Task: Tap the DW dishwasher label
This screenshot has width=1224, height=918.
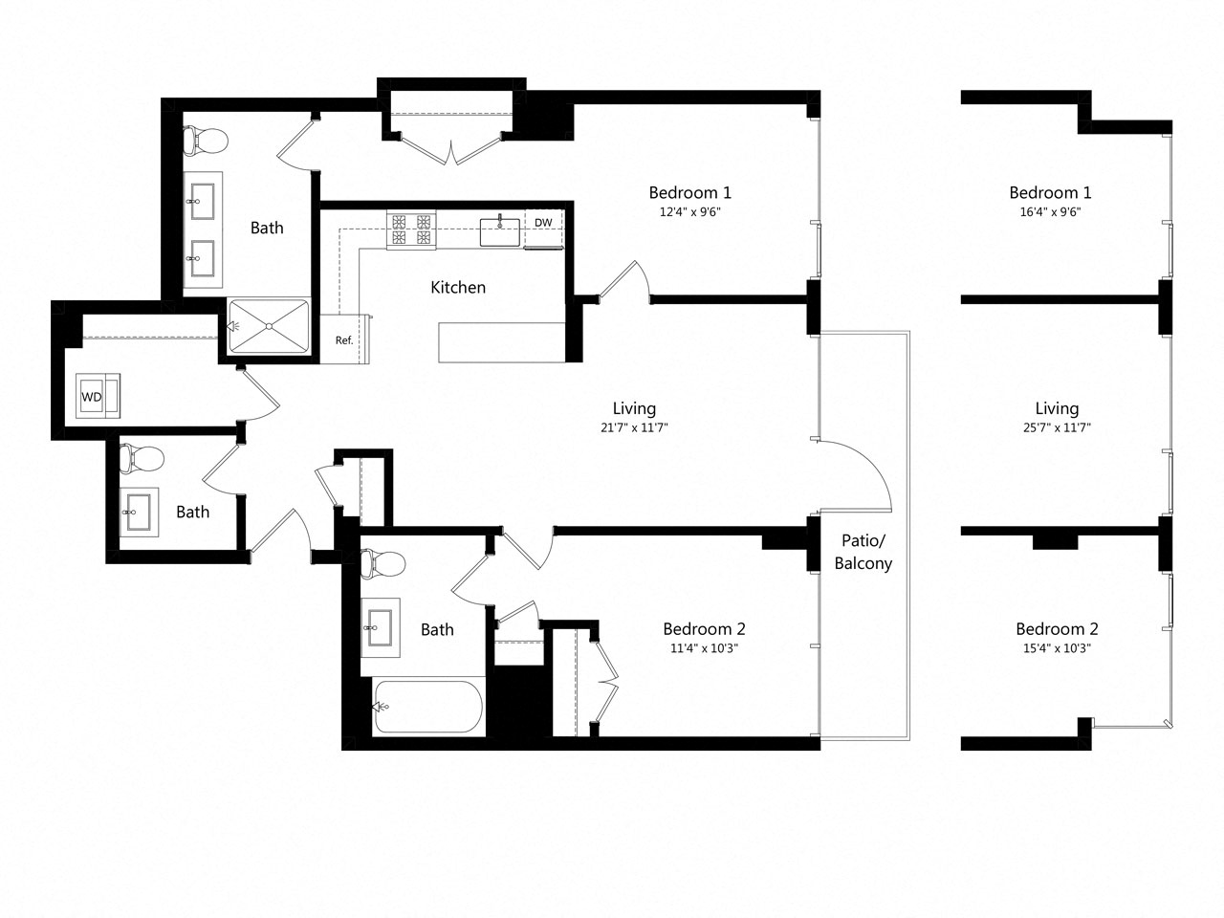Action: pyautogui.click(x=543, y=223)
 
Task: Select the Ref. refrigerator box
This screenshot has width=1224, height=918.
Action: pyautogui.click(x=343, y=339)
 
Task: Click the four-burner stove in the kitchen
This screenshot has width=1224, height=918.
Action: pyautogui.click(x=410, y=229)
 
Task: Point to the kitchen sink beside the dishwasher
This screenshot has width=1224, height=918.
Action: pyautogui.click(x=499, y=230)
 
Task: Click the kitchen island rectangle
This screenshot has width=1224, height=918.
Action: pyautogui.click(x=501, y=342)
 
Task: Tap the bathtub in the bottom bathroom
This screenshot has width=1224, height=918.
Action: pyautogui.click(x=427, y=707)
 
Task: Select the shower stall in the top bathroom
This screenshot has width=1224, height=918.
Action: pyautogui.click(x=270, y=326)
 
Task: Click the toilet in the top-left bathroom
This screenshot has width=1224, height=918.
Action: pyautogui.click(x=208, y=141)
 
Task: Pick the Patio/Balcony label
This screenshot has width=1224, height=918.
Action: pyautogui.click(x=863, y=552)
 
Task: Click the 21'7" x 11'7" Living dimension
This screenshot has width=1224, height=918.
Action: pyautogui.click(x=633, y=428)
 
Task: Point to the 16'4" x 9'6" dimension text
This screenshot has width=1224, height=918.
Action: pyautogui.click(x=1050, y=212)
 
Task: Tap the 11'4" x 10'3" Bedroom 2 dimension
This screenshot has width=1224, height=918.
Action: pyautogui.click(x=704, y=648)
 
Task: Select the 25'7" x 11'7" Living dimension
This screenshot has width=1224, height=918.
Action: pyautogui.click(x=1056, y=428)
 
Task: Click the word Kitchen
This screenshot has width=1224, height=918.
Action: pyautogui.click(x=458, y=287)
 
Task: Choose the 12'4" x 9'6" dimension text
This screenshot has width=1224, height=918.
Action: pyautogui.click(x=689, y=212)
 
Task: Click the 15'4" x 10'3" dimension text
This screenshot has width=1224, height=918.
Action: pyautogui.click(x=1056, y=648)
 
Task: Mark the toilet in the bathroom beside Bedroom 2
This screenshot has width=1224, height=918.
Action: pyautogui.click(x=384, y=563)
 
